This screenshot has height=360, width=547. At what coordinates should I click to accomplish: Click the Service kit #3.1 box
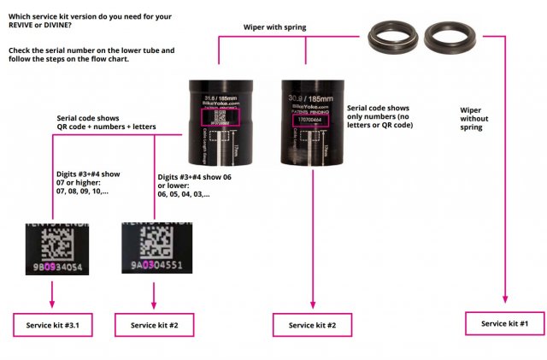tap(52, 326)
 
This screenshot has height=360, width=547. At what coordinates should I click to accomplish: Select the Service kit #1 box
tap(505, 323)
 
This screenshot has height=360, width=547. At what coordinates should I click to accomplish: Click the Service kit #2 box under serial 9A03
tap(154, 326)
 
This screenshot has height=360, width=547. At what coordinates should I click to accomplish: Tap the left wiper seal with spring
tap(391, 37)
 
